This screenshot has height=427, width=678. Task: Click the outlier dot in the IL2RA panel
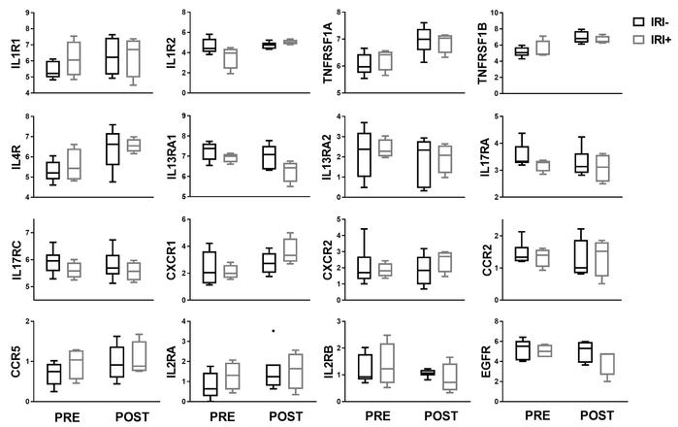pos(273,331)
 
